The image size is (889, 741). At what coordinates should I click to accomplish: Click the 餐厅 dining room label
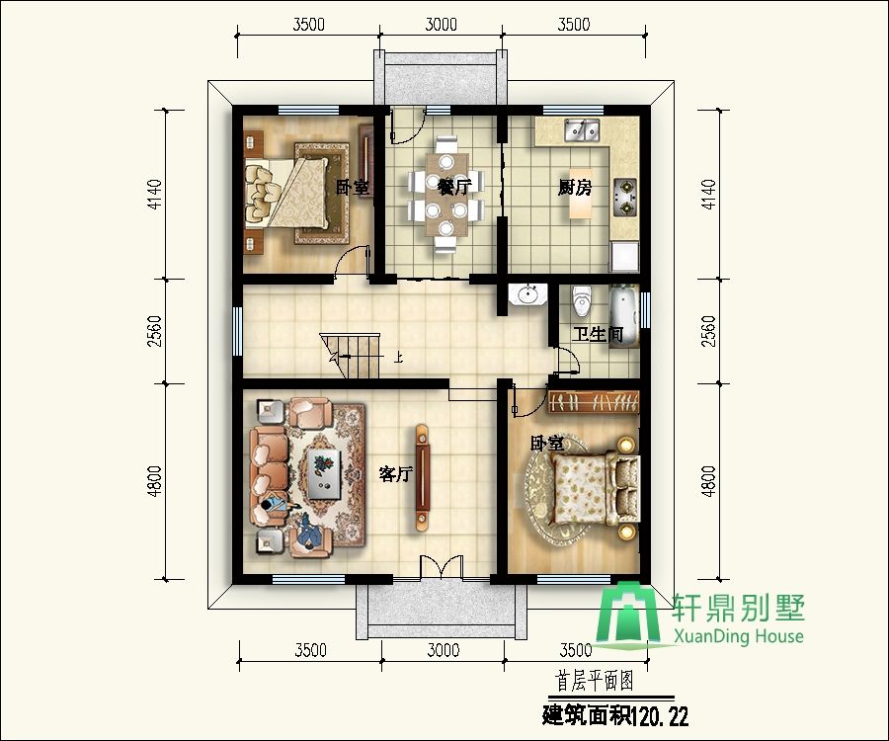(x=454, y=186)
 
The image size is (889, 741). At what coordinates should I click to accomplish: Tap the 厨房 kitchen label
(x=574, y=187)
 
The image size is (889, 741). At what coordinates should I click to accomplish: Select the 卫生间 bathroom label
(x=598, y=335)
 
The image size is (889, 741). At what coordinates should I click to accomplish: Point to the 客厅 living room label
(x=396, y=473)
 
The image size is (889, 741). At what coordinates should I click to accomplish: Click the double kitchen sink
(x=582, y=130)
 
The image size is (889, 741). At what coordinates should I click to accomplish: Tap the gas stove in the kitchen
(x=625, y=197)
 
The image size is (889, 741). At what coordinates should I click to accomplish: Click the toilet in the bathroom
(x=582, y=300)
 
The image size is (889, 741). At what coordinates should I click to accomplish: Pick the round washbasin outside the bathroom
(x=527, y=294)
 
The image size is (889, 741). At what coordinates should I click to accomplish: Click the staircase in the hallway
(x=352, y=356)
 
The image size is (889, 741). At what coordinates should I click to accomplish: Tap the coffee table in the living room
(x=325, y=474)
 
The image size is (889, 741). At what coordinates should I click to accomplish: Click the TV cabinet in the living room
(x=422, y=477)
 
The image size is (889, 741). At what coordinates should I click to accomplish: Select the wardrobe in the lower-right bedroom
(x=594, y=402)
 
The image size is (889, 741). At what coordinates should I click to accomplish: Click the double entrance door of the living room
(x=442, y=567)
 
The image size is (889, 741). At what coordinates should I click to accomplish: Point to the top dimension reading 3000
(x=442, y=25)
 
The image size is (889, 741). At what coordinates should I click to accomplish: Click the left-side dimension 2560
(x=154, y=331)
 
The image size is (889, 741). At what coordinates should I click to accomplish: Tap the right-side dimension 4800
(x=708, y=481)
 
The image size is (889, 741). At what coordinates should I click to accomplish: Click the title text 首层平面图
(x=595, y=681)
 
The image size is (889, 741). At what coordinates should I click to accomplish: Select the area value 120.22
(x=661, y=716)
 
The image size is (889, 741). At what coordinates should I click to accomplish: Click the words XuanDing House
(x=739, y=636)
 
